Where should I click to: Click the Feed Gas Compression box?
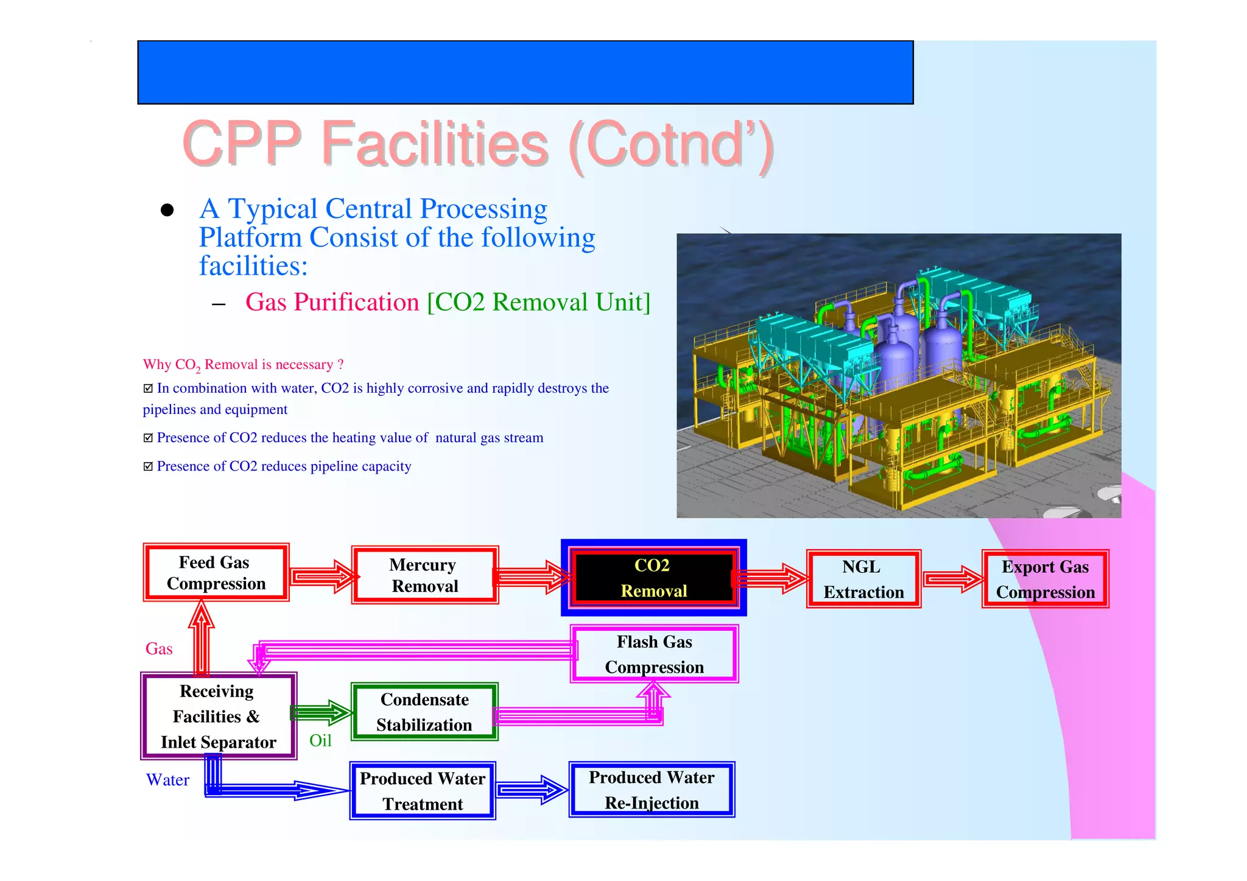click(216, 572)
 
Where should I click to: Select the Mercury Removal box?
click(424, 575)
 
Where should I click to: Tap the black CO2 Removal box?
click(653, 577)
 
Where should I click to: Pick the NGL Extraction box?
click(863, 579)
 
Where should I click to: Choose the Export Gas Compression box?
click(1045, 579)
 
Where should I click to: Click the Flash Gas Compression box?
click(654, 654)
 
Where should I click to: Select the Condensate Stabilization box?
click(424, 711)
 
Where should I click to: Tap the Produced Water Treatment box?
click(423, 790)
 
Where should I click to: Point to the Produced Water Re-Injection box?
click(652, 790)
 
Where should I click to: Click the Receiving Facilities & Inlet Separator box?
click(218, 716)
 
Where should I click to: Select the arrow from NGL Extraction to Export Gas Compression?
click(952, 578)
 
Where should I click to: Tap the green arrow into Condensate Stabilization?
click(321, 712)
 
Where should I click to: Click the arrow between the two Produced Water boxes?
click(532, 790)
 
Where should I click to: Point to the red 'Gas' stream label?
click(159, 649)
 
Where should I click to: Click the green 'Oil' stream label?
click(320, 740)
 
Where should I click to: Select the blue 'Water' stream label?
click(167, 780)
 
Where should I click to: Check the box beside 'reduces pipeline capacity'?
click(148, 466)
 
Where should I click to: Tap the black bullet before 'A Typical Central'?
click(167, 211)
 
